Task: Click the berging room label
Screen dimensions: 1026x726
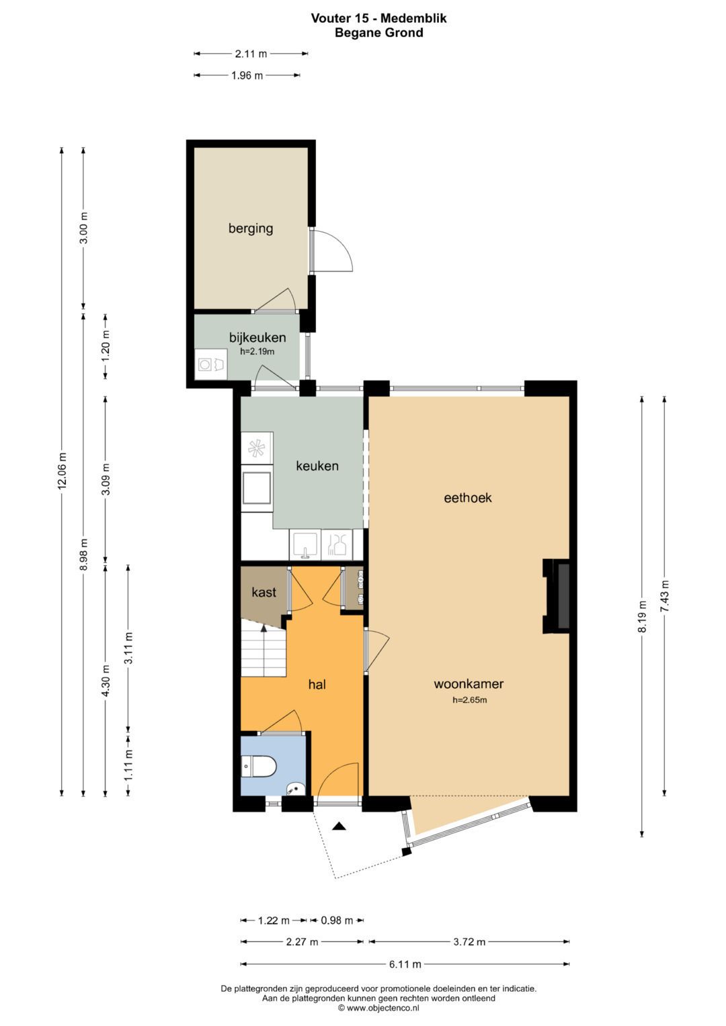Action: pyautogui.click(x=250, y=228)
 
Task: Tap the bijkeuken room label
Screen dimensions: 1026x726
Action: pyautogui.click(x=257, y=337)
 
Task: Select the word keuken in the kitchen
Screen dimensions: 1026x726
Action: pyautogui.click(x=317, y=466)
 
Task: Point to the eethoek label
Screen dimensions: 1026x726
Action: pyautogui.click(x=468, y=498)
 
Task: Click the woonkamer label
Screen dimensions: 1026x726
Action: pyautogui.click(x=469, y=684)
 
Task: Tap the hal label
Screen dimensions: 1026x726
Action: pyautogui.click(x=317, y=685)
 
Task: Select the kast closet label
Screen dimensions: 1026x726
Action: pyautogui.click(x=264, y=592)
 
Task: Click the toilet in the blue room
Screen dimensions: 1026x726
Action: pyautogui.click(x=259, y=766)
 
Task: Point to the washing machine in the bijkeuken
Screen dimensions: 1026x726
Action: pyautogui.click(x=210, y=364)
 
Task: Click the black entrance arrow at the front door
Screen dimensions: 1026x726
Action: pyautogui.click(x=339, y=826)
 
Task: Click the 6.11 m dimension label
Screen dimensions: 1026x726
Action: pyautogui.click(x=405, y=964)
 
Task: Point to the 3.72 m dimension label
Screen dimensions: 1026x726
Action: pyautogui.click(x=469, y=942)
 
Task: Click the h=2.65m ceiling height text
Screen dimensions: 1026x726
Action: pyautogui.click(x=469, y=700)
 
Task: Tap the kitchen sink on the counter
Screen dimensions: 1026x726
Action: pyautogui.click(x=305, y=545)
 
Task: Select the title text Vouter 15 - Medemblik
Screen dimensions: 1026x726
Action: pyautogui.click(x=378, y=18)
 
